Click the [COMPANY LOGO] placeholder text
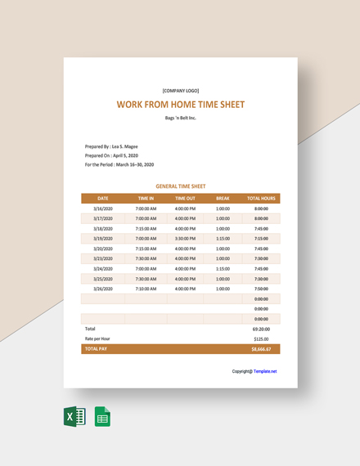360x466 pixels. (180, 90)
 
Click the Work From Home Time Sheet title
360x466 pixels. (180, 105)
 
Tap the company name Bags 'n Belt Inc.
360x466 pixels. (180, 118)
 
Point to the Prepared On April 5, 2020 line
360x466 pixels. (111, 155)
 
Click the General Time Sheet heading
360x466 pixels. (180, 186)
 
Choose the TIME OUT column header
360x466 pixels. (185, 199)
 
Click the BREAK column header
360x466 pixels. (223, 199)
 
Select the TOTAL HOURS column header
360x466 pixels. (261, 199)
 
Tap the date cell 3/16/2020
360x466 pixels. (102, 208)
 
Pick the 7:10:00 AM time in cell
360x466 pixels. (146, 289)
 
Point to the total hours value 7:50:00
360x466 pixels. (261, 289)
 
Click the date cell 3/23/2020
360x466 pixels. (102, 258)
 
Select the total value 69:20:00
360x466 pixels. (261, 328)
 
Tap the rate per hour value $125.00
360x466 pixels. (261, 338)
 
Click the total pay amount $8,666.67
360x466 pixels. (261, 349)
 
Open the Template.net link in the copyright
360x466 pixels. (265, 371)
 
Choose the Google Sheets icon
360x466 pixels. (102, 417)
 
